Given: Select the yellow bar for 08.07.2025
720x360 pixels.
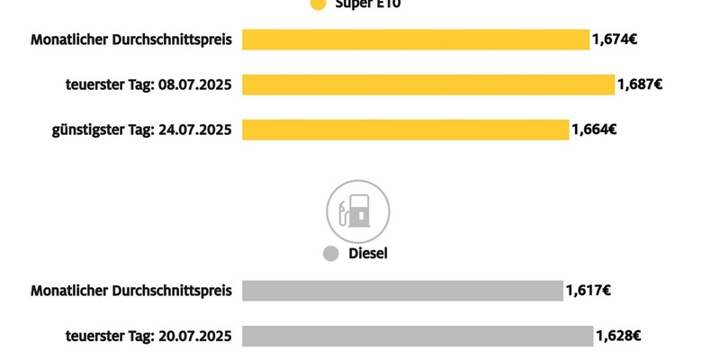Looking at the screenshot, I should click(x=428, y=85).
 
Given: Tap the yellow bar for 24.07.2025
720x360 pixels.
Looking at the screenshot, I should click(x=406, y=130).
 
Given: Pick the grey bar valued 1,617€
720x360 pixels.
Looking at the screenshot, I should click(x=402, y=291).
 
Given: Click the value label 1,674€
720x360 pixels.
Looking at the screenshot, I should click(x=615, y=40).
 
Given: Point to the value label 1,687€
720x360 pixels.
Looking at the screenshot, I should click(x=640, y=85).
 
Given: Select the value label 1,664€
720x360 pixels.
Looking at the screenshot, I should click(x=594, y=130).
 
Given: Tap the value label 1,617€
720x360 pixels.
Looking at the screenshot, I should click(x=589, y=291).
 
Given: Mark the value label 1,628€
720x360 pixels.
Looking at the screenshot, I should click(x=617, y=336).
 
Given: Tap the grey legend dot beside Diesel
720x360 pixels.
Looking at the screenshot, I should click(x=330, y=254).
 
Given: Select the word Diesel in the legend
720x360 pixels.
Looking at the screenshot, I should click(x=367, y=254).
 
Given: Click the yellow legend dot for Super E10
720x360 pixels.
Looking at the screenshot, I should click(x=317, y=4).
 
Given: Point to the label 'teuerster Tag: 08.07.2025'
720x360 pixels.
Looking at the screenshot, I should click(x=148, y=85).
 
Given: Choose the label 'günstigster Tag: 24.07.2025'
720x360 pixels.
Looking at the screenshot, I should click(x=141, y=130).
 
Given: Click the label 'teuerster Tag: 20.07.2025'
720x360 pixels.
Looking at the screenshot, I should click(x=148, y=336).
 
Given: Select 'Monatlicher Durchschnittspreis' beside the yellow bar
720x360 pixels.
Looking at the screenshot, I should click(x=131, y=40).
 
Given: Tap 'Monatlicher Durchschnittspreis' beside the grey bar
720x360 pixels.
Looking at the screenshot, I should click(x=131, y=291).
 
